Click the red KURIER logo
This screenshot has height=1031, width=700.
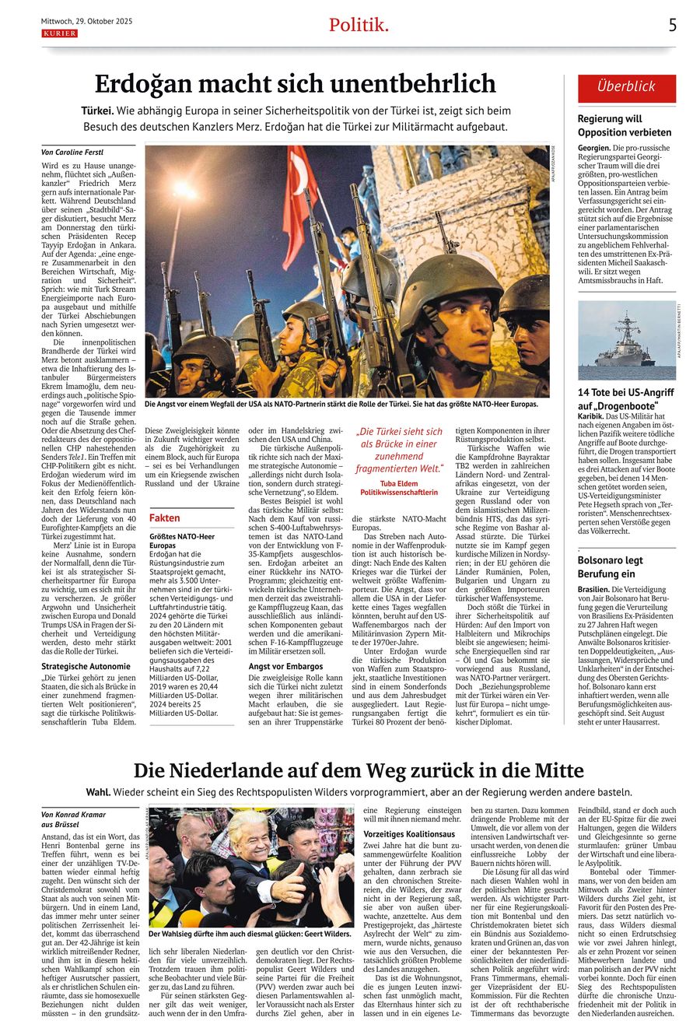point(59,33)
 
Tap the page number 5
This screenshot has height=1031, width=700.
point(673,25)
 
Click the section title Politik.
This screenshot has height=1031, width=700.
point(359,25)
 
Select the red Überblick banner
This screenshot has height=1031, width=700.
point(626,87)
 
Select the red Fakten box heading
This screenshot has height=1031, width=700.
point(165,517)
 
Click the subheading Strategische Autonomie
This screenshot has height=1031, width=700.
point(86,666)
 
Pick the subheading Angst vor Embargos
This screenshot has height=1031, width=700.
point(285,666)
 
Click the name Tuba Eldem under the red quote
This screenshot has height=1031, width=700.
point(399,483)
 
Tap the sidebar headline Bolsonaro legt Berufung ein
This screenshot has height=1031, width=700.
point(611,567)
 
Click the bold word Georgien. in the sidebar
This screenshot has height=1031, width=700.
point(594,148)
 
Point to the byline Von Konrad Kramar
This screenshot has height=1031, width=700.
point(74,815)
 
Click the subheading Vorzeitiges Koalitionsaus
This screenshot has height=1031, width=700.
point(409,833)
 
